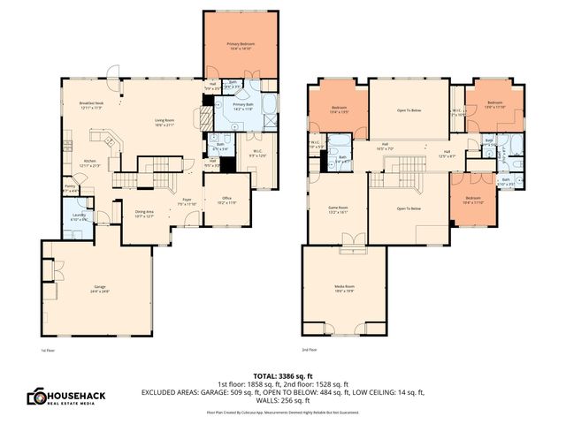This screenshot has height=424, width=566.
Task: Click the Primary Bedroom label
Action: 240,45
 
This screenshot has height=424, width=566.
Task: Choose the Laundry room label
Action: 77,217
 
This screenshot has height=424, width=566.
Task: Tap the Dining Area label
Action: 144,213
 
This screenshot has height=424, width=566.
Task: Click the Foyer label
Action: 187,201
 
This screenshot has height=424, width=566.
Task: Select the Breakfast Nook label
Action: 93,105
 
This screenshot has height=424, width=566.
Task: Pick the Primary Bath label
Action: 243,106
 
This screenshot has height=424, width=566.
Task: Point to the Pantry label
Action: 71,188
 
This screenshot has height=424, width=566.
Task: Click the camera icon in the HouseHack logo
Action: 36,397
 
